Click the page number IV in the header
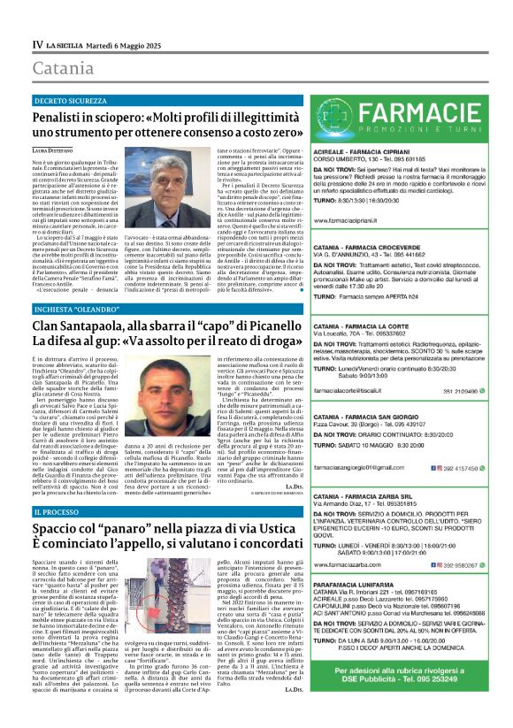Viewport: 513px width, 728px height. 37,43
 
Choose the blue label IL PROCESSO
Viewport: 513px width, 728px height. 61,512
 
